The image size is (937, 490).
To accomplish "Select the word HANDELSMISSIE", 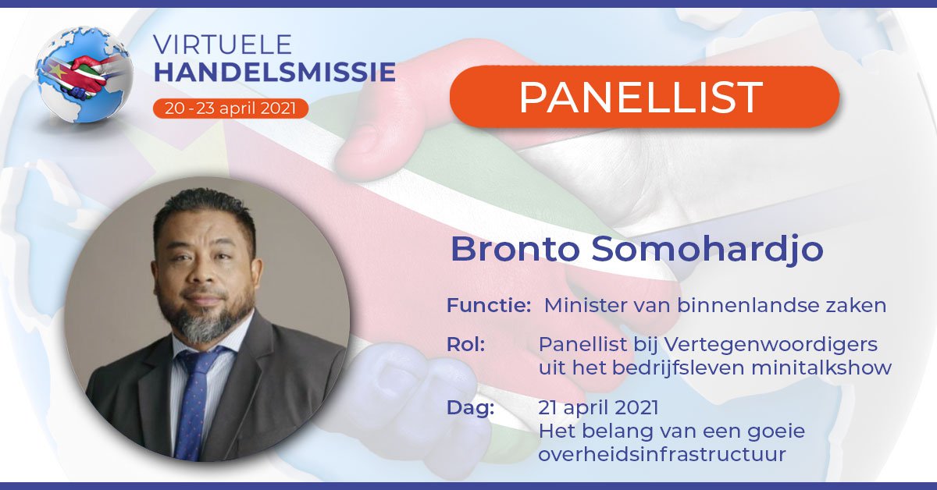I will (274, 73).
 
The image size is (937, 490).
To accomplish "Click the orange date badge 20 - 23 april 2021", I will (230, 108).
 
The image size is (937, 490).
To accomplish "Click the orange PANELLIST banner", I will (643, 97).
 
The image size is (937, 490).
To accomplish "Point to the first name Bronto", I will (515, 249).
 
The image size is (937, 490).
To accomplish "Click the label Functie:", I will (489, 305).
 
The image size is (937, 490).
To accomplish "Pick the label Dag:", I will (470, 407).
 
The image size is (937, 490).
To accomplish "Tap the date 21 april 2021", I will (598, 407).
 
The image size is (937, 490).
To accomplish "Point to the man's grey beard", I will (206, 321).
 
